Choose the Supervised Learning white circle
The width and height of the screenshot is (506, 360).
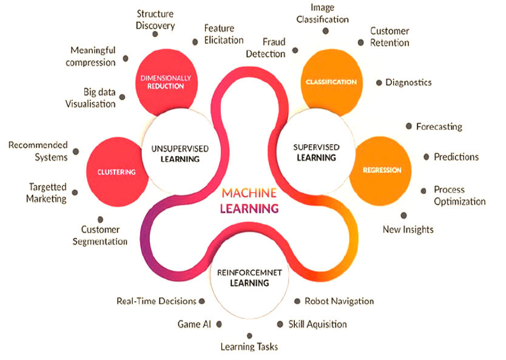coord(316,152)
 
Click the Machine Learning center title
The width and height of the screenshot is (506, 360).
coord(250,200)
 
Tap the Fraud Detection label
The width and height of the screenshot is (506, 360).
coord(265,48)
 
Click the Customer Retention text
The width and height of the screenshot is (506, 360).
coord(390,36)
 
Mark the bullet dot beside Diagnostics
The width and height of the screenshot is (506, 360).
coord(379,82)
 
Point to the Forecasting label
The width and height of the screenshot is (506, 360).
coord(439,127)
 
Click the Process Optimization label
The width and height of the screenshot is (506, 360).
coord(459,195)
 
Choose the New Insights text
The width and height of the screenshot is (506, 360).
coord(408,229)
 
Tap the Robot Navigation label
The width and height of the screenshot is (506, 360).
coord(339,301)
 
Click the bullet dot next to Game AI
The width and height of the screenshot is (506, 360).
coord(219,324)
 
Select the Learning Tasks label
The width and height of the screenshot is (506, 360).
coord(249,347)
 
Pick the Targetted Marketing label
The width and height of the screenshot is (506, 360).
coord(46,193)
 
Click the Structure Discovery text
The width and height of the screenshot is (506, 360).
coord(155,19)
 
